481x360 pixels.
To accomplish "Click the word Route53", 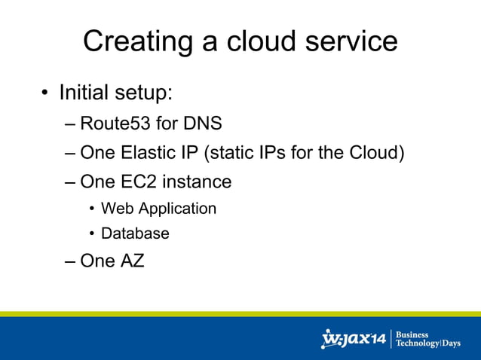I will point(115,123).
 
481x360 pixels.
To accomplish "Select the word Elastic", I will point(152,153).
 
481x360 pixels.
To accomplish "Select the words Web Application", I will point(158,209).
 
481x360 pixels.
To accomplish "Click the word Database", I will point(135,233).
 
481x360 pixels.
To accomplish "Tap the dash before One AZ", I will point(71,262).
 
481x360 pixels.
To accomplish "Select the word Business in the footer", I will point(412,334).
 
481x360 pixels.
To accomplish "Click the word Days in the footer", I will point(451,343).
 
